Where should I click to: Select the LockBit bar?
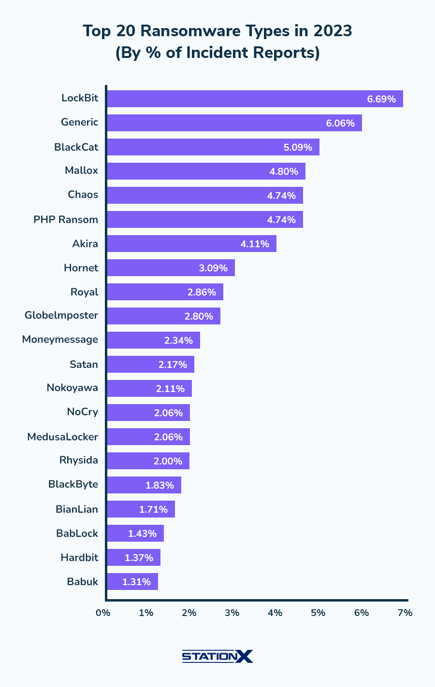coord(255,98)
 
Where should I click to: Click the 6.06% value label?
coord(340,123)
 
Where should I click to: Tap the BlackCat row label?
coord(76,147)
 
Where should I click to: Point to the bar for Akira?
coord(191,243)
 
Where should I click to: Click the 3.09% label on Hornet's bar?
coord(213,268)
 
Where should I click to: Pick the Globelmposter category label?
coord(61,316)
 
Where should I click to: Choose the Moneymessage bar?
coord(153,340)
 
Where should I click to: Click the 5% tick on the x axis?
coord(318,613)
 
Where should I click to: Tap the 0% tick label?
coord(103,613)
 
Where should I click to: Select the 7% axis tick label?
coord(405,613)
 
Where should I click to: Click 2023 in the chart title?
coord(332,31)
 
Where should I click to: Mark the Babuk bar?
coord(132,581)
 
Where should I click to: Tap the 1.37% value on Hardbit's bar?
coord(139,558)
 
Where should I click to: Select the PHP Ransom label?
coord(66,220)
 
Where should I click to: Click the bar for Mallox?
coord(206,171)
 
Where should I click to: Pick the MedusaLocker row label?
coord(63,437)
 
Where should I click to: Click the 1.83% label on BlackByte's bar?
coord(159,485)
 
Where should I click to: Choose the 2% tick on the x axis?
coord(189,613)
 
